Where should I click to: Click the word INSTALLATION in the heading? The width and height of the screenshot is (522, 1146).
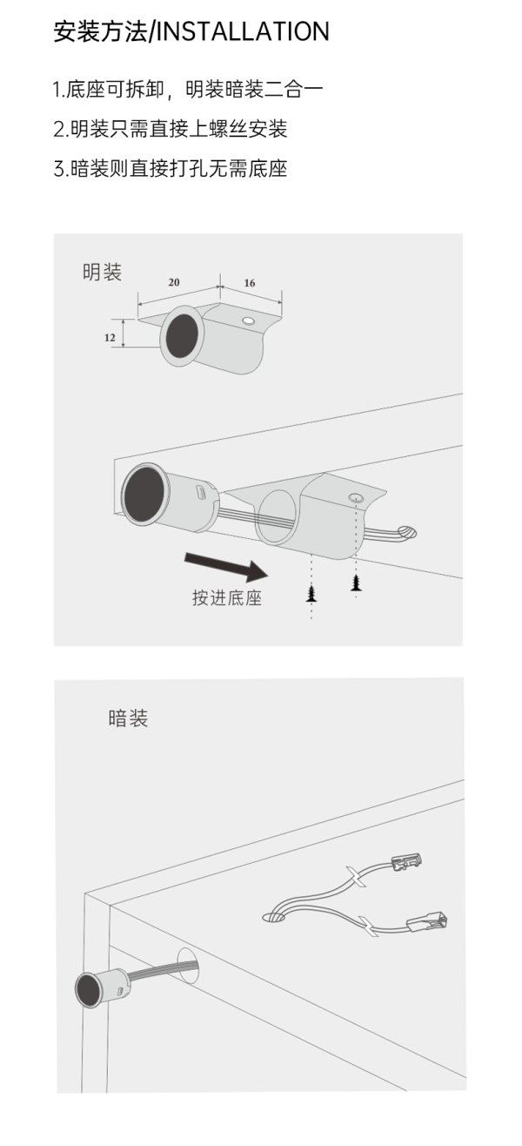[x=242, y=31]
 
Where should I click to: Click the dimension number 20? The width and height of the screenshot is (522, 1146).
[x=174, y=282]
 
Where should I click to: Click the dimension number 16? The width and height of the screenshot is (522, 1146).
[x=250, y=283]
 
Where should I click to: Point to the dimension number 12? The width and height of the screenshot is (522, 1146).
[x=110, y=338]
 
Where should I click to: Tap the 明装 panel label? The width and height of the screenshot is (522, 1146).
[x=103, y=272]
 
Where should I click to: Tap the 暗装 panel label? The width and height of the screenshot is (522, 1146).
[x=128, y=718]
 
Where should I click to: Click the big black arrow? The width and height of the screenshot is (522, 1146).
[x=226, y=566]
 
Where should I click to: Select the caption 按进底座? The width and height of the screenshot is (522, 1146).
[x=227, y=597]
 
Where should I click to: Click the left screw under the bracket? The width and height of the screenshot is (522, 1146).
[x=311, y=594]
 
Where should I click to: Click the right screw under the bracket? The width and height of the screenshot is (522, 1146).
[x=356, y=583]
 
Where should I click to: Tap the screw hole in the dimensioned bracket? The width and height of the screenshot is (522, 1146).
[x=249, y=321]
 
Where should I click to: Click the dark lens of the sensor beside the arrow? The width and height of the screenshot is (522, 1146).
[x=144, y=495]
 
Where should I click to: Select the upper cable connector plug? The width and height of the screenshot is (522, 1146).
[x=406, y=861]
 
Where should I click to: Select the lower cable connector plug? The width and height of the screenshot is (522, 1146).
[x=427, y=922]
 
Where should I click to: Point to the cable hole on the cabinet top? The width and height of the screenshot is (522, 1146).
[x=275, y=916]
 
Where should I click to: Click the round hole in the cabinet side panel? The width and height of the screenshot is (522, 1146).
[x=187, y=966]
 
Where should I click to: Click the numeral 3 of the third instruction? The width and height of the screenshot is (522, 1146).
[x=59, y=168]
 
